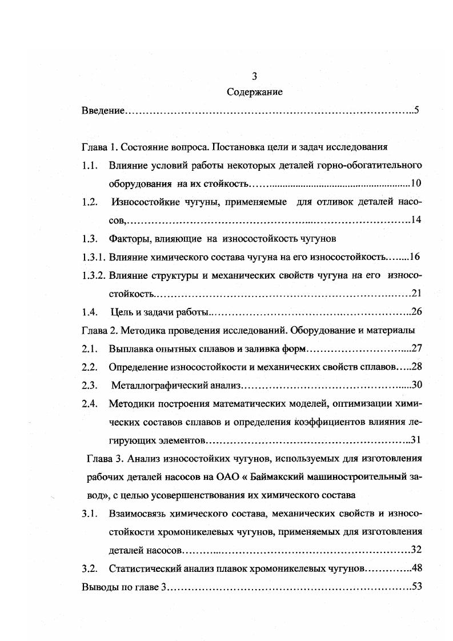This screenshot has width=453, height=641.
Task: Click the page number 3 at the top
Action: click(255, 76)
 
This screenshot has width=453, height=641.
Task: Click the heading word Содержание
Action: click(255, 91)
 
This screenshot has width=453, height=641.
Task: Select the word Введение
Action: click(103, 110)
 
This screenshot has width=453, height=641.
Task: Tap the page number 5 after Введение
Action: click(418, 110)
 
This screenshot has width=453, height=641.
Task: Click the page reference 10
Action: click(416, 184)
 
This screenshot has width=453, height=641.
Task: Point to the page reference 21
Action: click(416, 294)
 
